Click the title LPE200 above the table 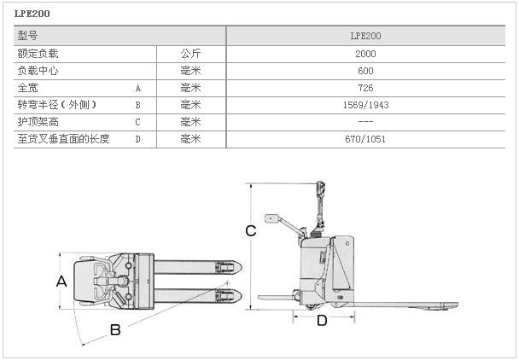[32, 14]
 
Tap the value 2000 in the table [365, 53]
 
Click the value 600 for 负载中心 [365, 70]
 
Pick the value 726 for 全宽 [365, 87]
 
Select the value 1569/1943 [365, 104]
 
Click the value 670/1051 [365, 138]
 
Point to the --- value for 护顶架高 [365, 121]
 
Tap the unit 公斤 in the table [190, 53]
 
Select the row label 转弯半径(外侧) [57, 104]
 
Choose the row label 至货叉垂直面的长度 [64, 138]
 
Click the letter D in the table [138, 138]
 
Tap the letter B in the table [138, 104]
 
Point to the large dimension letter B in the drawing [114, 330]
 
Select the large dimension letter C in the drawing [251, 230]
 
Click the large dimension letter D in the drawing [322, 321]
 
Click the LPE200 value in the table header [365, 36]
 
